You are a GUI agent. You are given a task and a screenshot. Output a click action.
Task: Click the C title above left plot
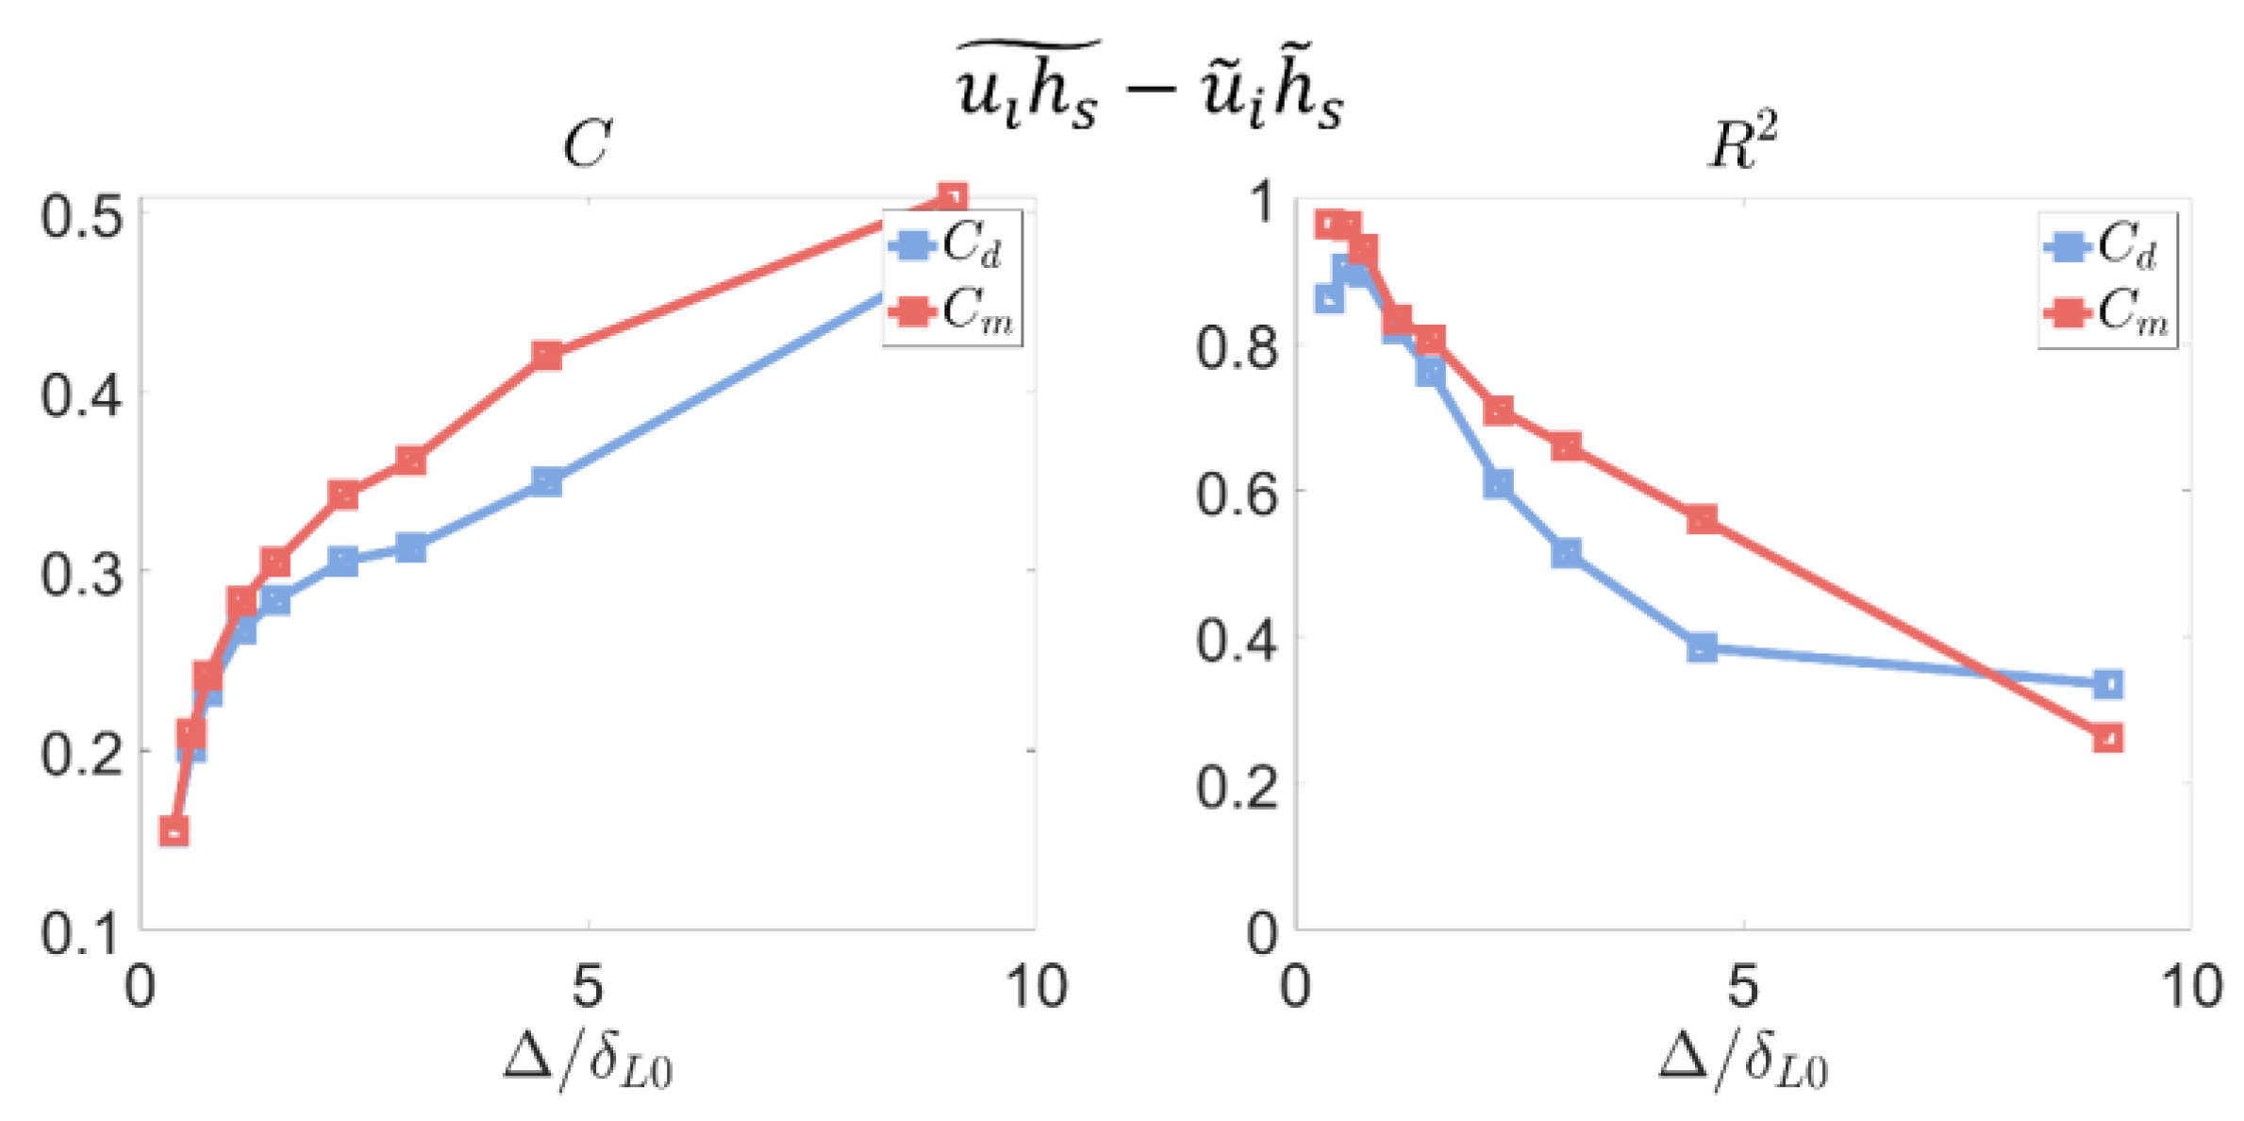[x=587, y=144]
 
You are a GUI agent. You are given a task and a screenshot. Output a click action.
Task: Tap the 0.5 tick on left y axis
[x=82, y=216]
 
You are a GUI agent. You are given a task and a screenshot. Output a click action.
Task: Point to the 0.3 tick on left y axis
[x=82, y=573]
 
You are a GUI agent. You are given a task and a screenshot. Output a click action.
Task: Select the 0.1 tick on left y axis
[x=82, y=932]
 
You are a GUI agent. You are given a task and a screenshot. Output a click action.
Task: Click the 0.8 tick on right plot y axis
[x=1238, y=346]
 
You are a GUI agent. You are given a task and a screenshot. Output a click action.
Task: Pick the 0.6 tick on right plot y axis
[x=1238, y=493]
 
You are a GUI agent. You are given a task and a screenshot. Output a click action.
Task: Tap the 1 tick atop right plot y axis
[x=1260, y=201]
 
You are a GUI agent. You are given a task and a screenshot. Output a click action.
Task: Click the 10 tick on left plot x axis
[x=1036, y=987]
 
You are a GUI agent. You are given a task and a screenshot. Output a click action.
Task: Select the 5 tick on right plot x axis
[x=1742, y=987]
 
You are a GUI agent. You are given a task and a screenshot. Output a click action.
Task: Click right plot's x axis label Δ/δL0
[x=1743, y=1059]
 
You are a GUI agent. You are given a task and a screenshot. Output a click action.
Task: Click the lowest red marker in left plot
[x=174, y=831]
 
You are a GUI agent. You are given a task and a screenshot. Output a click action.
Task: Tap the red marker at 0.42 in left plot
[x=547, y=356]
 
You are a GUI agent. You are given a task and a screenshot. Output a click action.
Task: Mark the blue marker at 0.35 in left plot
[x=547, y=481]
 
